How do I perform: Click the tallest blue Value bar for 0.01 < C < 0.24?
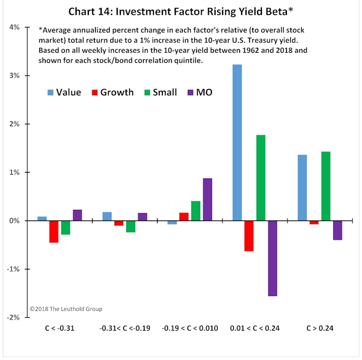point(237,142)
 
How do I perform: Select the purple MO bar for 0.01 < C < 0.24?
point(273,258)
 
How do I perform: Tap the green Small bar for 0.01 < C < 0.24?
point(261,177)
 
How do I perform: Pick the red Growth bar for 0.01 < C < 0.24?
point(249,235)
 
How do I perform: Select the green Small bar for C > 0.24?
point(326,186)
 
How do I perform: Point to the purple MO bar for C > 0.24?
point(338,230)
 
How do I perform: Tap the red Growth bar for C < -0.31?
point(54,231)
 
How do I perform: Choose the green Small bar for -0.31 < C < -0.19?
point(130,226)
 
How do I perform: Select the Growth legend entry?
point(112,92)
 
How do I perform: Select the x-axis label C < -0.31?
point(60,328)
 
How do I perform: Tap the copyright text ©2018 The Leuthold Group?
point(66,309)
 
